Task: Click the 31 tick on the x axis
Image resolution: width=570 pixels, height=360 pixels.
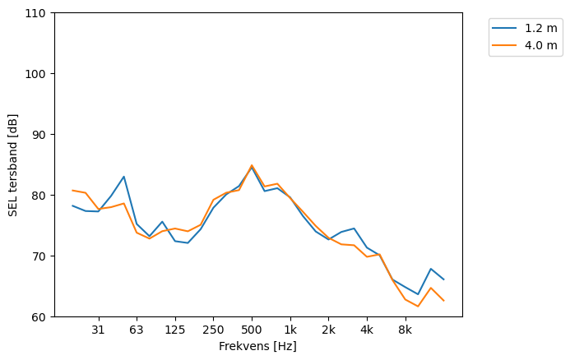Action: pyautogui.click(x=98, y=330)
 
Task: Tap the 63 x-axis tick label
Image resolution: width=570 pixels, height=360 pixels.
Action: pyautogui.click(x=137, y=330)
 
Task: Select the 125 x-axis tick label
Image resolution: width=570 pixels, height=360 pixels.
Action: pyautogui.click(x=174, y=330)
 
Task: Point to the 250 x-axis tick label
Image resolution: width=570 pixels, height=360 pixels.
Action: pyautogui.click(x=213, y=330)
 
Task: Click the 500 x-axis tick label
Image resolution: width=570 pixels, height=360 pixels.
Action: pyautogui.click(x=252, y=330)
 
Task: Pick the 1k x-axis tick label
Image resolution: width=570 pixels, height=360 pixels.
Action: pyautogui.click(x=290, y=330)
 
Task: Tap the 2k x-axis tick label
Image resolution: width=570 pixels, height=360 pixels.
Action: pyautogui.click(x=328, y=330)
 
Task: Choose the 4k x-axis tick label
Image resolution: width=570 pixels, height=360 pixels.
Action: pyautogui.click(x=367, y=330)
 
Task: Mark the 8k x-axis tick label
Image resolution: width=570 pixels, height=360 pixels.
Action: pyautogui.click(x=405, y=330)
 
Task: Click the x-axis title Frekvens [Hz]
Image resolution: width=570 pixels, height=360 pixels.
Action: pyautogui.click(x=257, y=347)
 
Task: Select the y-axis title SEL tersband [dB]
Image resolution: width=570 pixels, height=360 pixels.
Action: pyautogui.click(x=13, y=165)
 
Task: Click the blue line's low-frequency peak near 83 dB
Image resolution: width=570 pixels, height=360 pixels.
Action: pyautogui.click(x=123, y=177)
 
